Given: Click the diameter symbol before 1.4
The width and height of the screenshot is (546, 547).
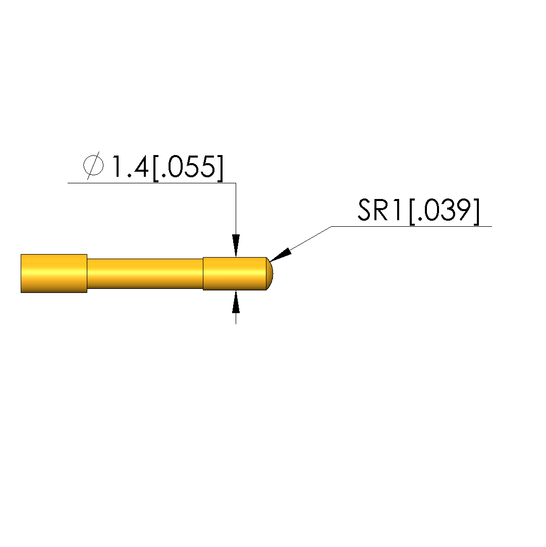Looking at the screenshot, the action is (93, 165).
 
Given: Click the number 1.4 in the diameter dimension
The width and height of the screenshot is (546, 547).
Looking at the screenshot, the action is (130, 167).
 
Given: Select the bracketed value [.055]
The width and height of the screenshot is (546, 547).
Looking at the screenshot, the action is (188, 168).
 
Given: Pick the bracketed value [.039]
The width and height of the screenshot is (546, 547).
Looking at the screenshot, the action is (445, 212).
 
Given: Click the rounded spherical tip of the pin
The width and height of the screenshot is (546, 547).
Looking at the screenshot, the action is (269, 274).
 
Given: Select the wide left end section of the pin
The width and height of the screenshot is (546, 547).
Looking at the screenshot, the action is (54, 274).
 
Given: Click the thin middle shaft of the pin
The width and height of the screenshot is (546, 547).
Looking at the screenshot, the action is (145, 274).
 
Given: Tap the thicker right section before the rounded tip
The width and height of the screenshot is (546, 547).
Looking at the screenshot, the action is (235, 274).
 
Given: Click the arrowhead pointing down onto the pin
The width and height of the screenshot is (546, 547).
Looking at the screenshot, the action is (236, 245).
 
